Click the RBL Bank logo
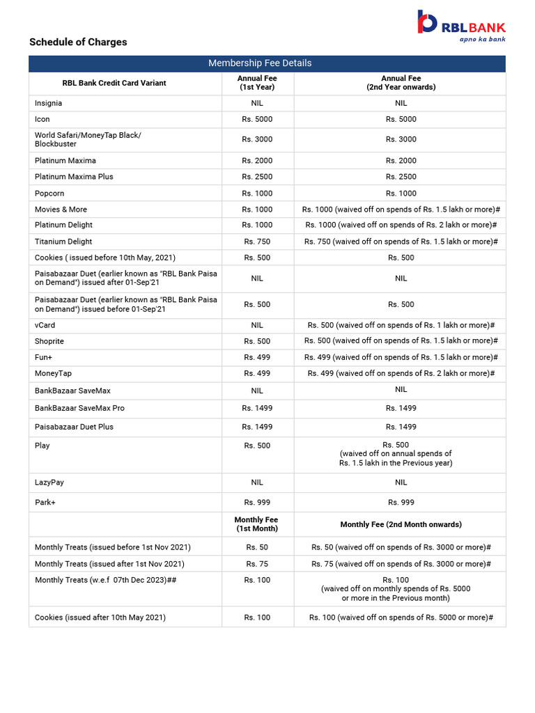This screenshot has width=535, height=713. [460, 26]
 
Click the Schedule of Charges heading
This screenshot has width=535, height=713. [78, 42]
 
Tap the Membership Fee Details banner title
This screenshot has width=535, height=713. [260, 63]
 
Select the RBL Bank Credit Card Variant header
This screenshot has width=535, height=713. [114, 83]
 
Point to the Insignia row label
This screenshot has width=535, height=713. [48, 103]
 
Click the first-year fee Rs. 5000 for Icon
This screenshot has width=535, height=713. [257, 119]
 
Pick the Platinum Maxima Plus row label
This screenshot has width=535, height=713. [74, 177]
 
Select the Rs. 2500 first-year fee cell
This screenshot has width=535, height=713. [257, 177]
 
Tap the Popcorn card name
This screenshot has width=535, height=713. [49, 193]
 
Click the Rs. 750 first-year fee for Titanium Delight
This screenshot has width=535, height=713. [257, 242]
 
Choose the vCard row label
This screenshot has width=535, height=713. [45, 325]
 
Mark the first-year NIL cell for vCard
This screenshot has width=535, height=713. [257, 325]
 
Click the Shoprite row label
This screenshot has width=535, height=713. [49, 341]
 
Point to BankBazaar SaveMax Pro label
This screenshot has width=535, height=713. [79, 408]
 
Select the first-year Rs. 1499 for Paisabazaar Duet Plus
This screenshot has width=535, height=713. [257, 427]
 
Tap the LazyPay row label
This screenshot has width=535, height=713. [49, 483]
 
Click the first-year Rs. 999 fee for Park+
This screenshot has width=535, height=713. [257, 502]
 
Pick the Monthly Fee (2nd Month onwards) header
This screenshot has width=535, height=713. [401, 524]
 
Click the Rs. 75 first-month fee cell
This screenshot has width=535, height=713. [257, 564]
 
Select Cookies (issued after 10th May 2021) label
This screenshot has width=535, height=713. [100, 618]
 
